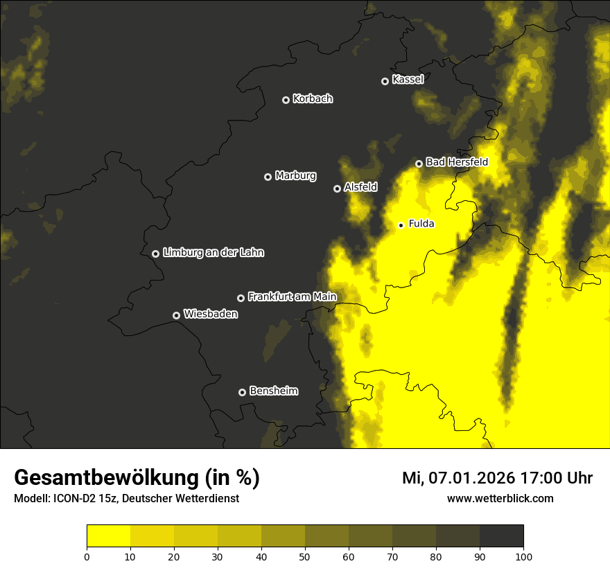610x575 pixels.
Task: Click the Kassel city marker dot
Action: (x=385, y=81)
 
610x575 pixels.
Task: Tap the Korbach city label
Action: (x=313, y=99)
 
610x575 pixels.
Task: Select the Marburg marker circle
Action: (x=268, y=177)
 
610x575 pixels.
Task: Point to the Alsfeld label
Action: (x=360, y=187)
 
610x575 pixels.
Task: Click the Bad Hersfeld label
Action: (x=457, y=162)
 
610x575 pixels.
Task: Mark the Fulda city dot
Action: (x=401, y=225)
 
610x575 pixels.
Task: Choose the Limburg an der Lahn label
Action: (x=214, y=253)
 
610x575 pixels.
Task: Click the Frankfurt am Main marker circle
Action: (x=241, y=298)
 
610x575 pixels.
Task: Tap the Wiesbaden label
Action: (x=211, y=315)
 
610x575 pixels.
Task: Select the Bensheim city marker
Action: (x=242, y=392)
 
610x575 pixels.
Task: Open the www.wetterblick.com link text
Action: (x=500, y=498)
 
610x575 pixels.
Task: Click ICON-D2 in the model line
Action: (x=74, y=498)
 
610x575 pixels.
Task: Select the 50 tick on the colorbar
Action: (x=305, y=556)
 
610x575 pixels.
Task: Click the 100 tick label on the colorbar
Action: (x=523, y=556)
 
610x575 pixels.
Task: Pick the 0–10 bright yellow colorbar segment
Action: (x=109, y=536)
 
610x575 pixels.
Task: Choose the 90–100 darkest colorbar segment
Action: (x=501, y=536)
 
